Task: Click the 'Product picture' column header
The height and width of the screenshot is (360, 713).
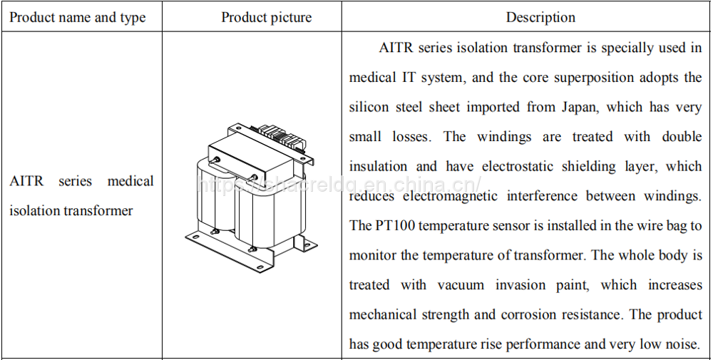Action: coord(267,17)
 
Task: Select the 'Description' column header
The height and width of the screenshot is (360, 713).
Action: coord(540,17)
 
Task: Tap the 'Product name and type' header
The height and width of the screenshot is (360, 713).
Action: coord(77,17)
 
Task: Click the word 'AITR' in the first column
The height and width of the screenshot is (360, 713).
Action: coord(26,181)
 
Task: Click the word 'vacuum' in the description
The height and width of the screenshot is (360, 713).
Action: coord(461,285)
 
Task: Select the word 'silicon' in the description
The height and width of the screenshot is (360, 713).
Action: coord(369,107)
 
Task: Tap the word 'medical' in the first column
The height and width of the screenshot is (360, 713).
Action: coord(130,181)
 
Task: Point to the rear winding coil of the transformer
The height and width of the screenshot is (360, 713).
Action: coord(212,196)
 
